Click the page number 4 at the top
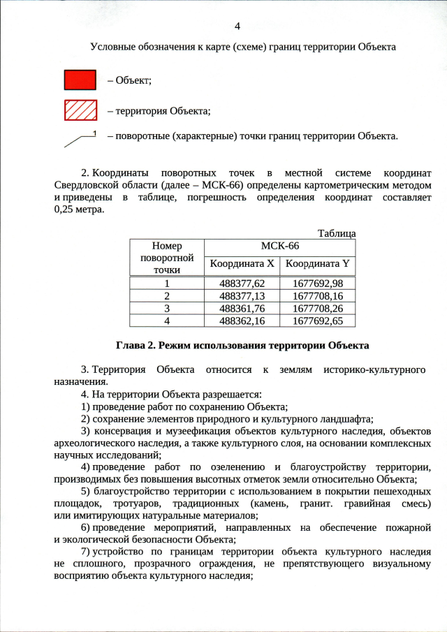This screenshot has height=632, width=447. (237, 26)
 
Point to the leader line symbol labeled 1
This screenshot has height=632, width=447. (80, 139)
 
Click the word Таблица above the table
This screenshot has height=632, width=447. (337, 233)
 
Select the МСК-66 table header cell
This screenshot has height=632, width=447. (279, 247)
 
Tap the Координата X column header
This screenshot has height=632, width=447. (242, 264)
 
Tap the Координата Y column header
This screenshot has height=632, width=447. (317, 264)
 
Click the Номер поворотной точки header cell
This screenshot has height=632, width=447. (166, 257)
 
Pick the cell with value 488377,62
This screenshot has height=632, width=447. (242, 284)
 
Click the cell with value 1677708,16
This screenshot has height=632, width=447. (317, 295)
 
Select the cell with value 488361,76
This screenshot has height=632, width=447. (242, 308)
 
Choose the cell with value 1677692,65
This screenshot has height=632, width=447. (317, 321)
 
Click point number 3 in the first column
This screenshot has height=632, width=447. (166, 308)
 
